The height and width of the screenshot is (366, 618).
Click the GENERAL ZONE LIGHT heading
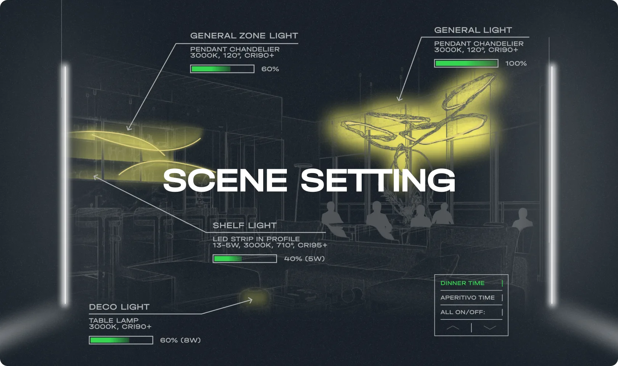[244, 36]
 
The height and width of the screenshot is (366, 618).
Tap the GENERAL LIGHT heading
[473, 30]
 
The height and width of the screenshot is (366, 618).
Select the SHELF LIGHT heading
[245, 225]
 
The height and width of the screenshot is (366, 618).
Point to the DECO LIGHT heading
[119, 307]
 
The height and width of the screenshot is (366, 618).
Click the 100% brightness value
[516, 63]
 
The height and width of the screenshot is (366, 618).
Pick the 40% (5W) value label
[304, 259]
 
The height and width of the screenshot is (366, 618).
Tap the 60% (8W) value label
[180, 340]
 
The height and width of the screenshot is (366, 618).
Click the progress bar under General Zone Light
[222, 69]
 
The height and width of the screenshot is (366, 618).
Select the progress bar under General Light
[466, 63]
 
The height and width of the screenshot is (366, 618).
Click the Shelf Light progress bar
[245, 258]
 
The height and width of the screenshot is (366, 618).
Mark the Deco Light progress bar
[121, 340]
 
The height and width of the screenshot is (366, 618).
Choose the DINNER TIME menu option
[462, 283]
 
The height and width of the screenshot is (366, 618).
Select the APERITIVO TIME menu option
[467, 298]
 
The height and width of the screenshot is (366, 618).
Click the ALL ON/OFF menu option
[463, 312]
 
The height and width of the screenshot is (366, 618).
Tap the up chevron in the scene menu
[453, 327]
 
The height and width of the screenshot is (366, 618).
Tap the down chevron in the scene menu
[490, 327]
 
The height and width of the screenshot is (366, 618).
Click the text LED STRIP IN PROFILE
[256, 239]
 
